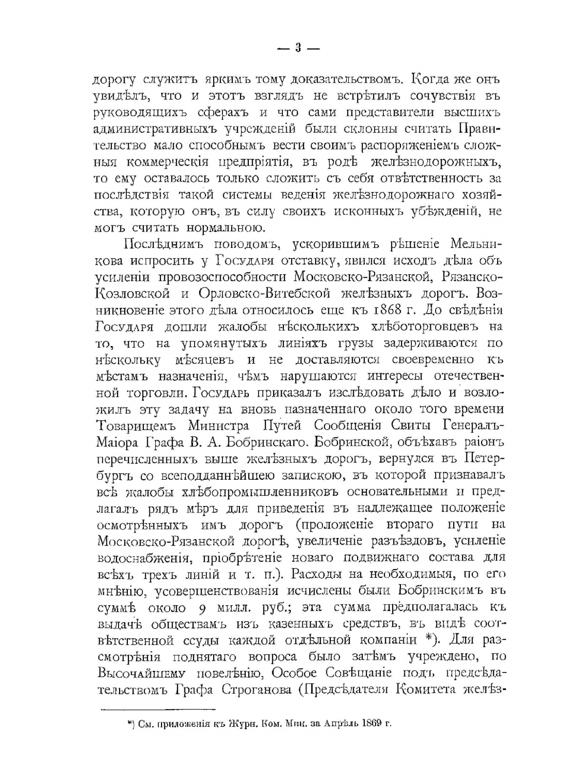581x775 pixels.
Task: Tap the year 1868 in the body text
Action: tap(393, 310)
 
